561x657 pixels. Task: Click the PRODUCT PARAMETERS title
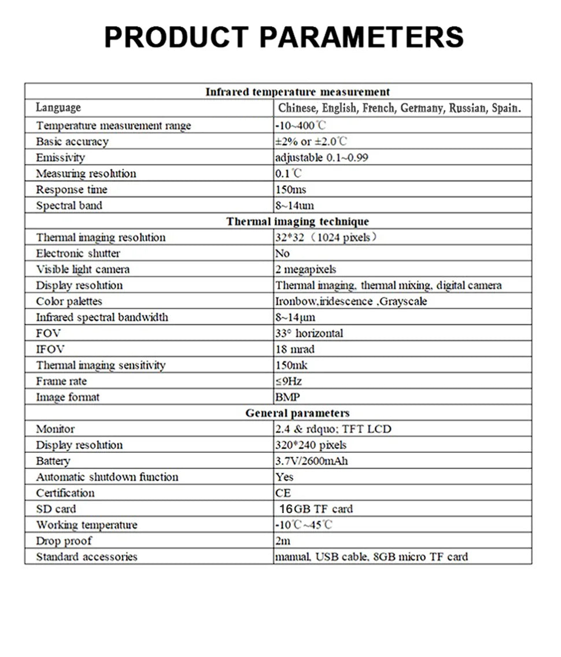pos(283,36)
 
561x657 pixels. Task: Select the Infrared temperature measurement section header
pos(297,91)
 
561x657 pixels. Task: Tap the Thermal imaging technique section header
pos(297,222)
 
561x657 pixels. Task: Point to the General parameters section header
pos(297,413)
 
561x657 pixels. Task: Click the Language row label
pos(58,108)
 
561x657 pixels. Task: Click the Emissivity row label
pos(60,157)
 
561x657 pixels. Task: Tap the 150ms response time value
pos(291,190)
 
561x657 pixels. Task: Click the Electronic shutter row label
pos(78,253)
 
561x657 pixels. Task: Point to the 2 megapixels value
pos(306,270)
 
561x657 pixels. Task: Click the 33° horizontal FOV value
pos(309,333)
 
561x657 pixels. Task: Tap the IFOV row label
pos(50,349)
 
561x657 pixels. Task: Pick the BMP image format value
pos(288,397)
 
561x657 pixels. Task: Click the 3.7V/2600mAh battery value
pos(312,461)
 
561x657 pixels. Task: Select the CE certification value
pos(283,493)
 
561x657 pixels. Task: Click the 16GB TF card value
pos(316,509)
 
